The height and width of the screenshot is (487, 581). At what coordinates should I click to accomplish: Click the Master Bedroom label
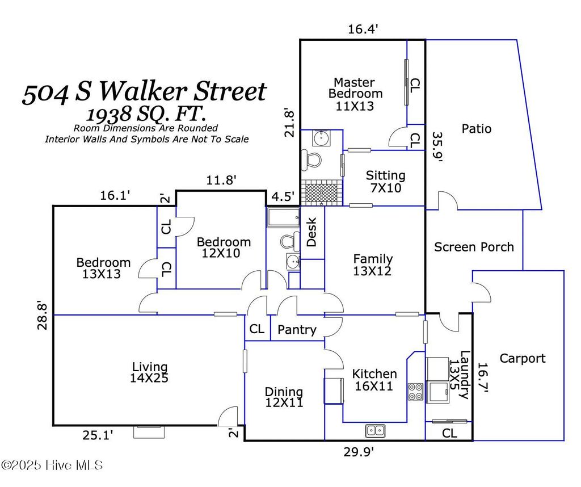pos(355,94)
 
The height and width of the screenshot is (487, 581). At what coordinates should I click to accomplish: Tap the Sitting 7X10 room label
pos(386,181)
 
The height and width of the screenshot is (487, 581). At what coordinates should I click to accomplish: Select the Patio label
pos(477,129)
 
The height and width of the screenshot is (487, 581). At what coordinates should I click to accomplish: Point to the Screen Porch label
pos(474,247)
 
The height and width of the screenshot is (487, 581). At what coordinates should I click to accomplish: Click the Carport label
pos(523,358)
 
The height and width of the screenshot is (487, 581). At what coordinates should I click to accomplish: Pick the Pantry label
pos(297,329)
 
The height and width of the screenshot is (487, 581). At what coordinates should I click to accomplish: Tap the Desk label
pos(311,232)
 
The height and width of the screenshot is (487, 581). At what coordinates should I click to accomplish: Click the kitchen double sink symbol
pos(376,431)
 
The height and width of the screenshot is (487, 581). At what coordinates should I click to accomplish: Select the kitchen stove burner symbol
pos(415,392)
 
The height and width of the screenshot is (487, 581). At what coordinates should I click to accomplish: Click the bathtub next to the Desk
pos(284,217)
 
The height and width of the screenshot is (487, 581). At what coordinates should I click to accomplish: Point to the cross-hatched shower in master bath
pos(321,193)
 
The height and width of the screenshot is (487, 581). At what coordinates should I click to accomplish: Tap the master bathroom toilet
pos(310,161)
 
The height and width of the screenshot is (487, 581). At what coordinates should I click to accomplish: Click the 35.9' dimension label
pos(438,148)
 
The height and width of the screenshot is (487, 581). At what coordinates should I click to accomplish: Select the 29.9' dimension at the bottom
pos(359,452)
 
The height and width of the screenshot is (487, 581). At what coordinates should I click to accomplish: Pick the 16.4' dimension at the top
pos(363,29)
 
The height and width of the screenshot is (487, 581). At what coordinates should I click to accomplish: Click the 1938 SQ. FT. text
pos(146,114)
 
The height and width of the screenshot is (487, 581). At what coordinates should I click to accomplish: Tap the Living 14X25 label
pos(149,372)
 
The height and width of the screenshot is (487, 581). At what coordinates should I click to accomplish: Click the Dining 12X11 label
pos(284,397)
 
